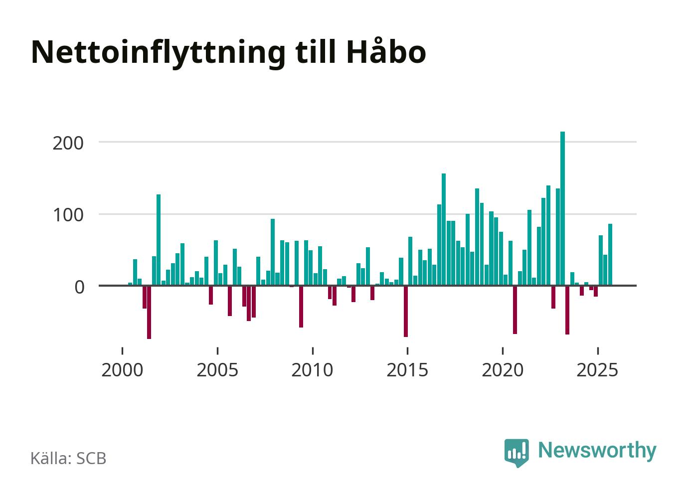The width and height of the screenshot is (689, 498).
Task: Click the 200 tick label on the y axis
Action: (x=68, y=143)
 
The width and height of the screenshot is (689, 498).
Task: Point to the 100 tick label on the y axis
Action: (x=68, y=215)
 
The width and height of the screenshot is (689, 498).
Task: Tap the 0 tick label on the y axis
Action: (x=79, y=287)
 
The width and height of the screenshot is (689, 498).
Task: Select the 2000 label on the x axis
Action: (x=122, y=370)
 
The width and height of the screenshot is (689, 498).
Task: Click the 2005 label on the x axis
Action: (x=217, y=370)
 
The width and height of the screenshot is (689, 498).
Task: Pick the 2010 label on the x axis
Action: (x=313, y=370)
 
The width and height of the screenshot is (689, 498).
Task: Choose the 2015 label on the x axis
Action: (x=407, y=370)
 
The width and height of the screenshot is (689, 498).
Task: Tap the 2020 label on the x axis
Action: (x=503, y=370)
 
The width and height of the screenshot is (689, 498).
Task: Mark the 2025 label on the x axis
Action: (x=597, y=370)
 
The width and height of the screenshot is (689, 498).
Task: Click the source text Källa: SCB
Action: (x=68, y=458)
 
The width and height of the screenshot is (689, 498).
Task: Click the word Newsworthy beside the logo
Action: (x=597, y=450)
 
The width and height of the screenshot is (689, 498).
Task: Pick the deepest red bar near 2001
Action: (x=149, y=312)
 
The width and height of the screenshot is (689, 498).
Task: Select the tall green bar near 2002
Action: (x=159, y=240)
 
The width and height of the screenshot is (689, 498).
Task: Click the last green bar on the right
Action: (x=610, y=255)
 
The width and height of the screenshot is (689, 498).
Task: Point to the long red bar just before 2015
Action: (x=406, y=311)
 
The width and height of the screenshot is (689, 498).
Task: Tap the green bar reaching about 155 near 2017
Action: (x=444, y=229)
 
